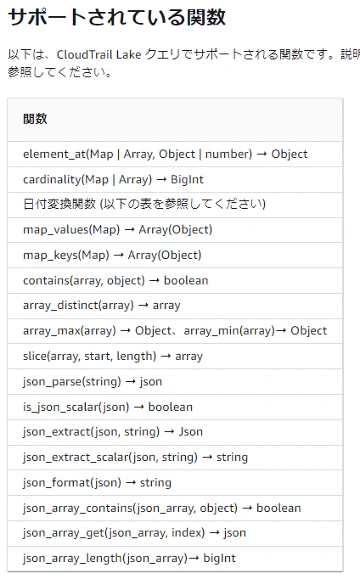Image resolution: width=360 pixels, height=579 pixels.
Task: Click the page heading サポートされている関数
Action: click(116, 17)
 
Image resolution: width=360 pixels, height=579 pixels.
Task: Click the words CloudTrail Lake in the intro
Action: click(99, 54)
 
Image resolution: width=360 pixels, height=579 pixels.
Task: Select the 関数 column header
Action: click(35, 119)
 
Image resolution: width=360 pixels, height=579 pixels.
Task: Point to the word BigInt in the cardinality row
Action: click(187, 179)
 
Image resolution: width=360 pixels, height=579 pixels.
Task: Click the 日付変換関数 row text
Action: click(144, 204)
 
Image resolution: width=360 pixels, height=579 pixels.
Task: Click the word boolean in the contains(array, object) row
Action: click(186, 281)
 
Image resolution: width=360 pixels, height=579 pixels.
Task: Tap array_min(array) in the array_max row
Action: click(229, 330)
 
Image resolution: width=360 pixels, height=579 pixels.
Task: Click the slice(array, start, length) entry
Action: click(113, 357)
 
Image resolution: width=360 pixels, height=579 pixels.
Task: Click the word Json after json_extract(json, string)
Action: click(190, 431)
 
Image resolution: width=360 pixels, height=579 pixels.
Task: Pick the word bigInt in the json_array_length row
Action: click(219, 559)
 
